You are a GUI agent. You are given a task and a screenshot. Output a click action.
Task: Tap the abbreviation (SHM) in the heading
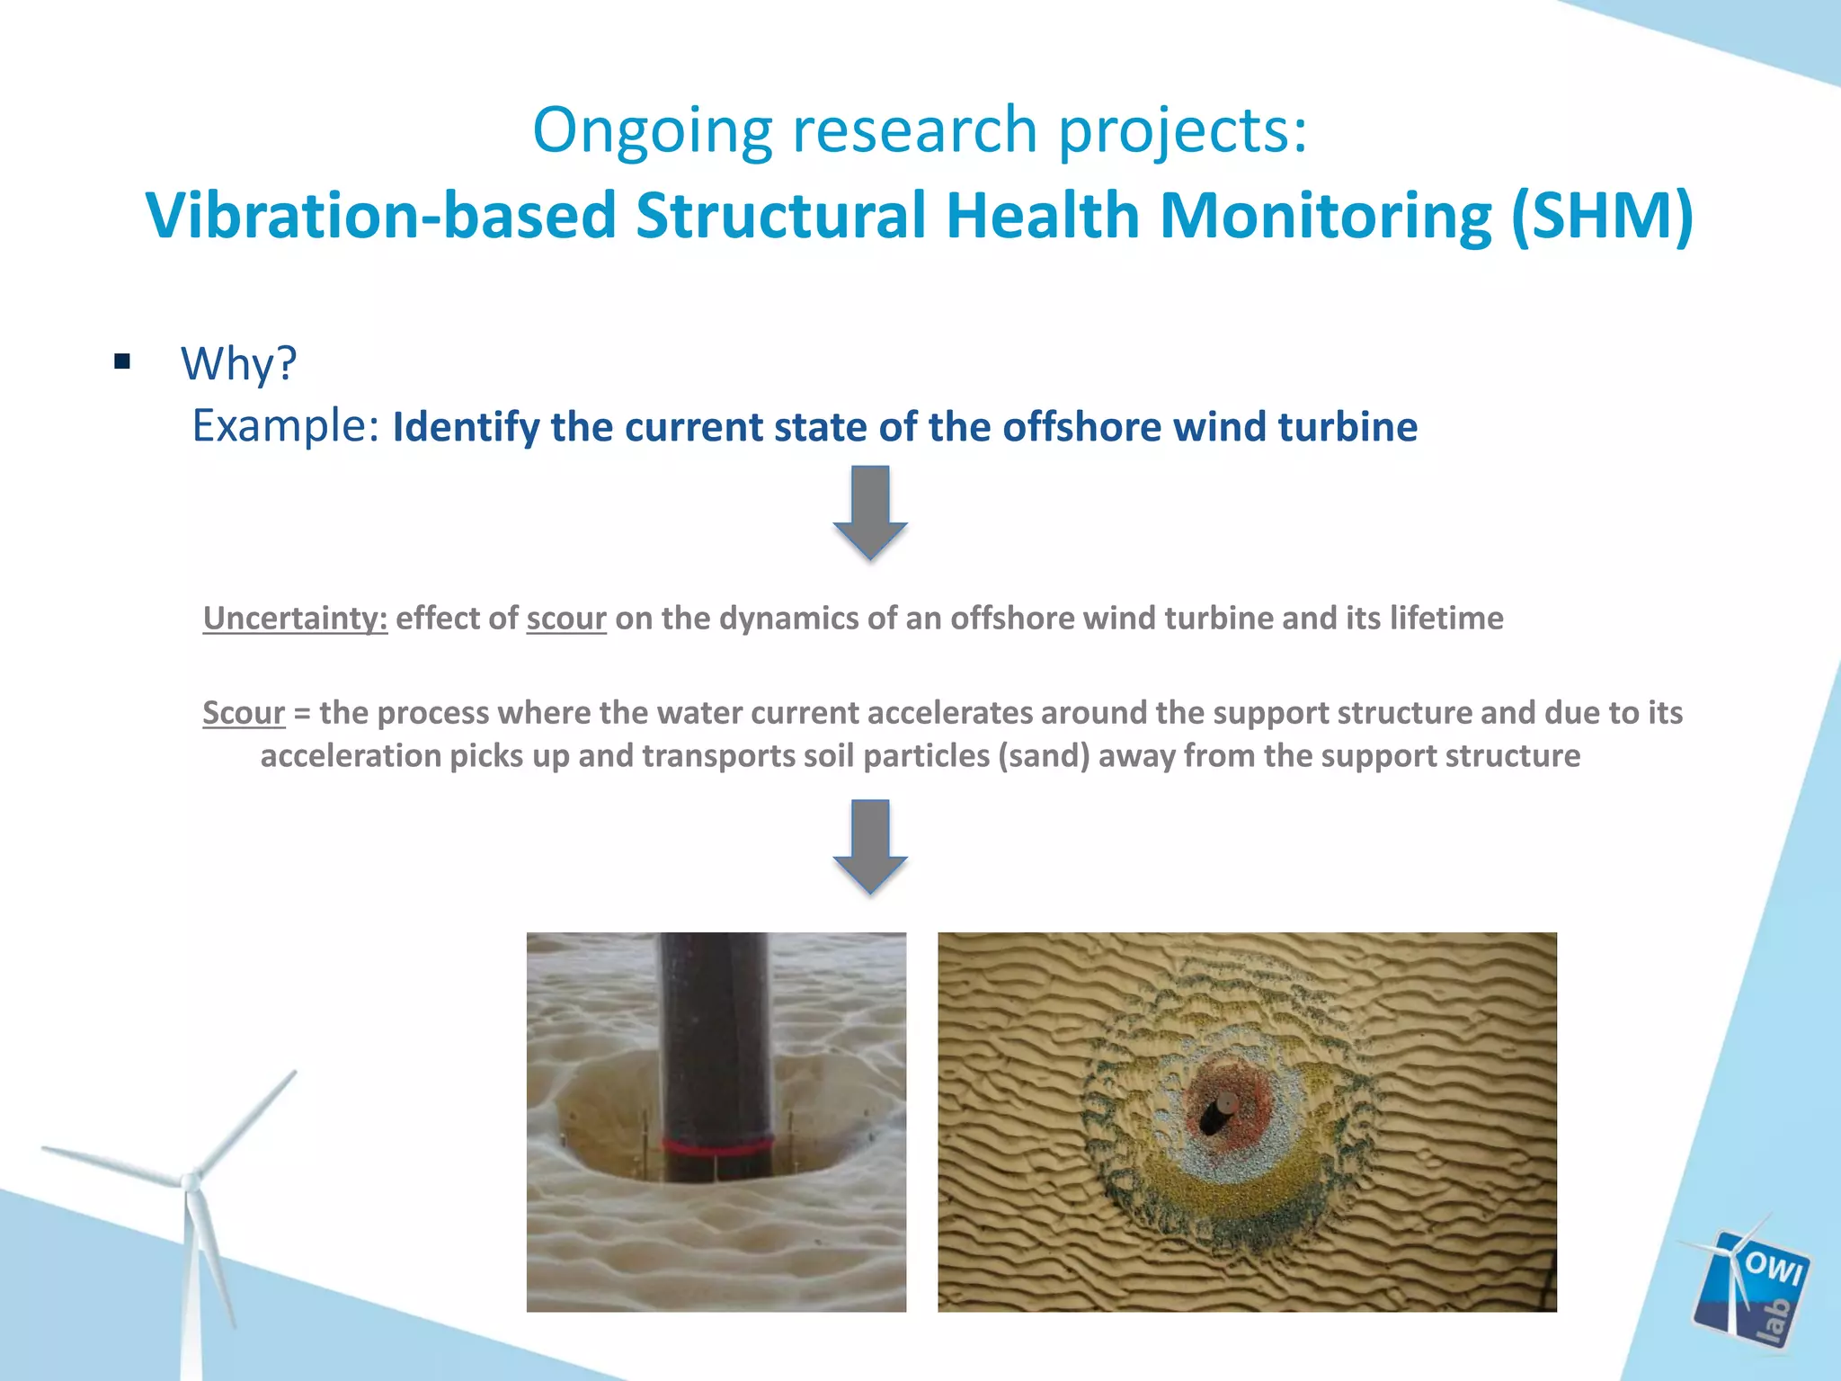(x=1602, y=216)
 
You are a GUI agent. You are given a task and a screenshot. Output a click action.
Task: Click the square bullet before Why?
(x=123, y=362)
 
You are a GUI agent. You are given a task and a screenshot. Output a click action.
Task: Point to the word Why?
(x=238, y=364)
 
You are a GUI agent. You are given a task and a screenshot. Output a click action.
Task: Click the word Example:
(x=286, y=426)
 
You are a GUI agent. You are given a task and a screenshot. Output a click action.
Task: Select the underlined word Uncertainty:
(x=295, y=619)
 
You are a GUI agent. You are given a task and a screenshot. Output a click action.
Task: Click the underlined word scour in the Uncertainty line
(x=565, y=619)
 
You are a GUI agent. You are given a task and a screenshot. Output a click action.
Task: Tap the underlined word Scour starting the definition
(x=243, y=713)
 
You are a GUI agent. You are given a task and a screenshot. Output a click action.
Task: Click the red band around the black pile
(x=717, y=1146)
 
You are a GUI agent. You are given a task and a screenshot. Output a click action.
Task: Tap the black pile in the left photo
(x=715, y=1034)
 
